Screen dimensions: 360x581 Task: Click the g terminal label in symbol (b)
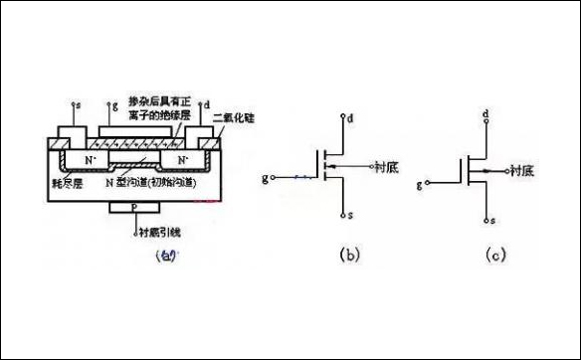pos(265,179)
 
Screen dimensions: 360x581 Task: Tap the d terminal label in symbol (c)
pos(484,116)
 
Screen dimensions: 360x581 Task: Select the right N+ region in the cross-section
pos(182,159)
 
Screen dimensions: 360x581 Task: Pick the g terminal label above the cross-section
pos(116,103)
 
